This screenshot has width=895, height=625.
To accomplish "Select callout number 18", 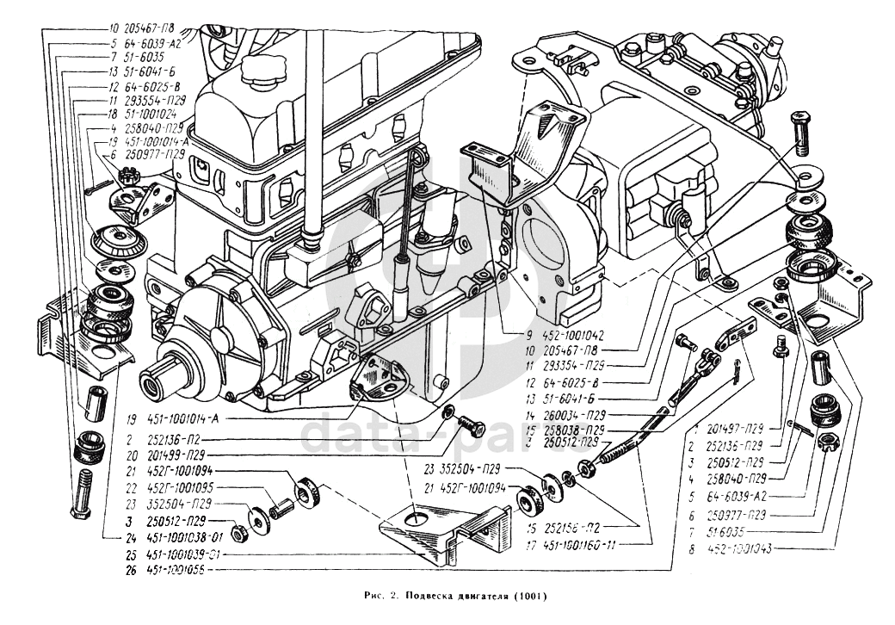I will [x=114, y=113].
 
